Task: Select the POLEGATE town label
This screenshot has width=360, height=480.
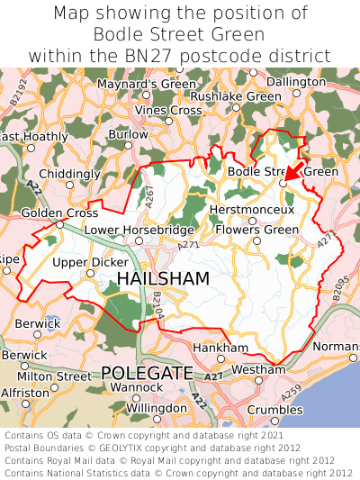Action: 147,373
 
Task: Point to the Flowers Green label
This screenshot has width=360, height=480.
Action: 257,230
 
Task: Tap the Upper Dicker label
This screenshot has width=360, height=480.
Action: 90,262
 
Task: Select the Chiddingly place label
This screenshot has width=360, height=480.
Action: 70,173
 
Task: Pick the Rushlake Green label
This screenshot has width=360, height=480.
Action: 236,95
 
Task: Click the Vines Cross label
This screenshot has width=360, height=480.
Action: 168,110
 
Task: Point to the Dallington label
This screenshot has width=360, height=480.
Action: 296,81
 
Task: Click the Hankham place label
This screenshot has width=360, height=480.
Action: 220,348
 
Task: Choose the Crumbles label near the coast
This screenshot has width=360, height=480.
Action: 274,409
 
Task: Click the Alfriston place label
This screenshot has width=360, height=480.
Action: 25,393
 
